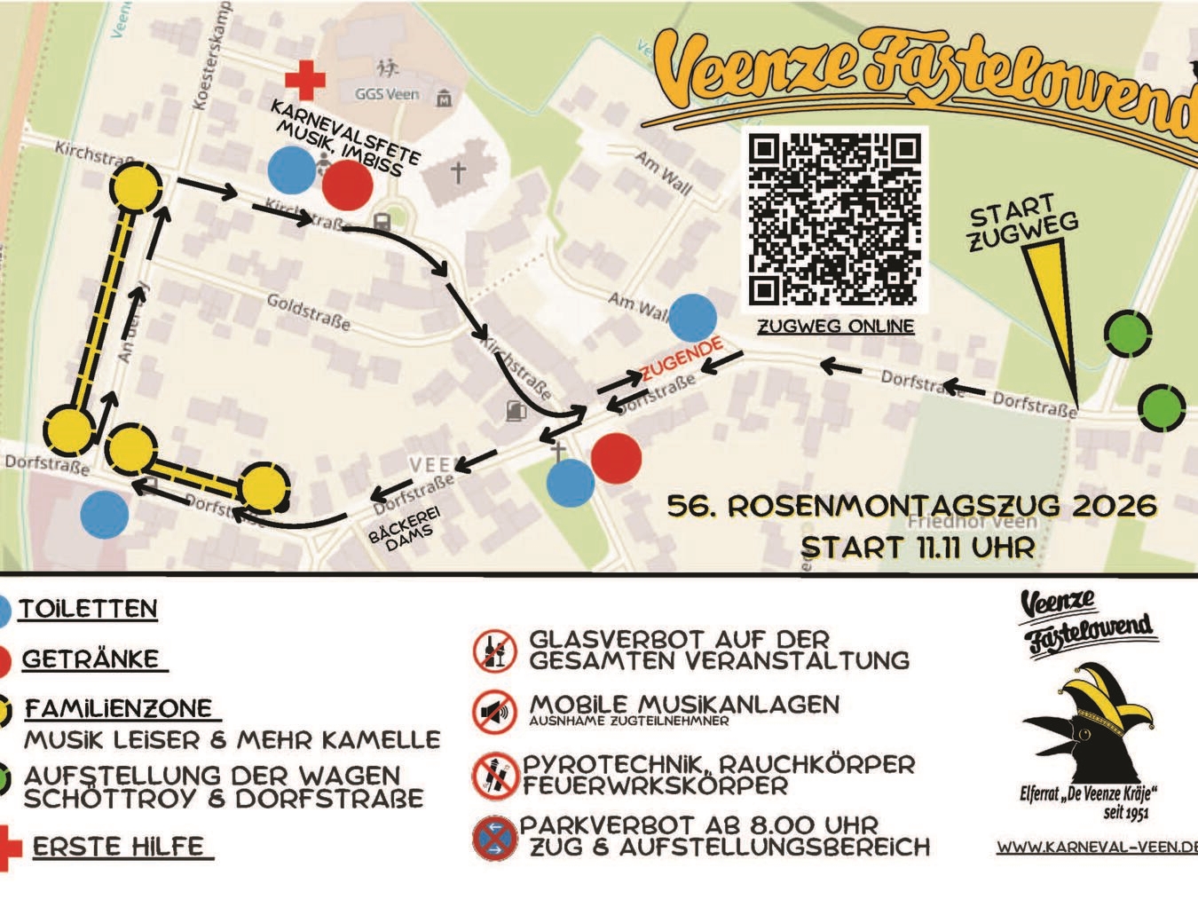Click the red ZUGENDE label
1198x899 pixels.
point(682,359)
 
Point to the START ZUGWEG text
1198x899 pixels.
point(1022,223)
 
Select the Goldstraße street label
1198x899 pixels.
point(308,311)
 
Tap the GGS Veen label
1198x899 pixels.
point(386,94)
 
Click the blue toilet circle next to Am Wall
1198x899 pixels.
point(692,318)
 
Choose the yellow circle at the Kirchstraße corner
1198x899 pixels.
point(136,188)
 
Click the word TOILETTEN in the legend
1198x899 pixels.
point(89,609)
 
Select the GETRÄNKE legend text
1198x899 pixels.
point(91,659)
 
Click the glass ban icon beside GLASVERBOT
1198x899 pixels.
point(494,651)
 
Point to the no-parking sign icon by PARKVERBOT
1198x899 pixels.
point(494,837)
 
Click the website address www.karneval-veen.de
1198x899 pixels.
point(1097,846)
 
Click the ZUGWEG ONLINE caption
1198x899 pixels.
point(835,326)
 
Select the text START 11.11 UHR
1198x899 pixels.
point(917,547)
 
